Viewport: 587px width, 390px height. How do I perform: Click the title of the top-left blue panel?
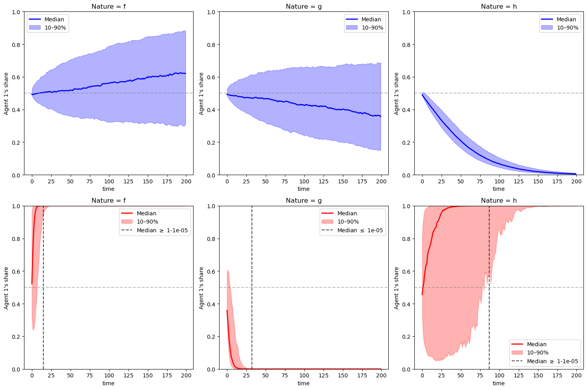point(108,6)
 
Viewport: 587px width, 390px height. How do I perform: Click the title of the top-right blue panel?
point(499,6)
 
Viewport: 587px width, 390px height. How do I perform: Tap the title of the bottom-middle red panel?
point(304,201)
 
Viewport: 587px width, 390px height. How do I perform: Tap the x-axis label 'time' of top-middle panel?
point(304,189)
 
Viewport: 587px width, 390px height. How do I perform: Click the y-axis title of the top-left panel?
point(6,93)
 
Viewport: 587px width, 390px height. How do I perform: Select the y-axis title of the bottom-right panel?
point(397,288)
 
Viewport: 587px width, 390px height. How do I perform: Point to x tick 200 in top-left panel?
point(186,181)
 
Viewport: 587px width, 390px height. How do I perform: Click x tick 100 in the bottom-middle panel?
point(304,376)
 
